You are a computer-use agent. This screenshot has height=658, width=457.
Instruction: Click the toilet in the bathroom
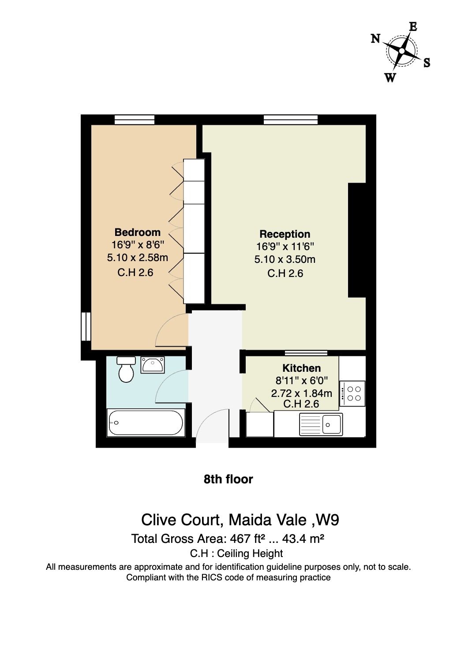tap(126, 369)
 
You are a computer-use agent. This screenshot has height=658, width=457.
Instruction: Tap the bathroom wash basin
tap(152, 365)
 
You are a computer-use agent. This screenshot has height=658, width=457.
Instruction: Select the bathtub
tap(146, 422)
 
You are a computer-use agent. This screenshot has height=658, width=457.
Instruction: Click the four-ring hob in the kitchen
tap(352, 394)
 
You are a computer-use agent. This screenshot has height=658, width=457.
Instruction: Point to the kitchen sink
tap(321, 424)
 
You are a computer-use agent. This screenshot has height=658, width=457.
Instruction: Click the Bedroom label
tap(138, 232)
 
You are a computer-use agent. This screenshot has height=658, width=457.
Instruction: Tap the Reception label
tap(285, 234)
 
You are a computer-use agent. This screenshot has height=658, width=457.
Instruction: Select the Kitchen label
tap(302, 368)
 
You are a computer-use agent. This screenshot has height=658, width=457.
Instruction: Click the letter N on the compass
tap(375, 38)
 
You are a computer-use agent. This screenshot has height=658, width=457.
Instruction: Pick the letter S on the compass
tap(427, 63)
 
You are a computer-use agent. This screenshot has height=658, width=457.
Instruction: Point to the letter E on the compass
tap(413, 26)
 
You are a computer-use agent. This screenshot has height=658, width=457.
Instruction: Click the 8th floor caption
tap(228, 479)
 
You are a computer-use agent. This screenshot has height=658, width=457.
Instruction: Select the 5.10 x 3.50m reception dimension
tap(285, 259)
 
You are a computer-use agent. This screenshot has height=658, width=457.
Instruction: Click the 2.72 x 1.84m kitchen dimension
tap(302, 393)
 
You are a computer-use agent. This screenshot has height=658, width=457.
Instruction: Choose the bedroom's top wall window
tap(134, 120)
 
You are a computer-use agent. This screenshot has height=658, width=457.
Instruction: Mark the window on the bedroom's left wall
tap(86, 326)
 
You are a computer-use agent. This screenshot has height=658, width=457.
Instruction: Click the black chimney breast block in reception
tap(357, 240)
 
